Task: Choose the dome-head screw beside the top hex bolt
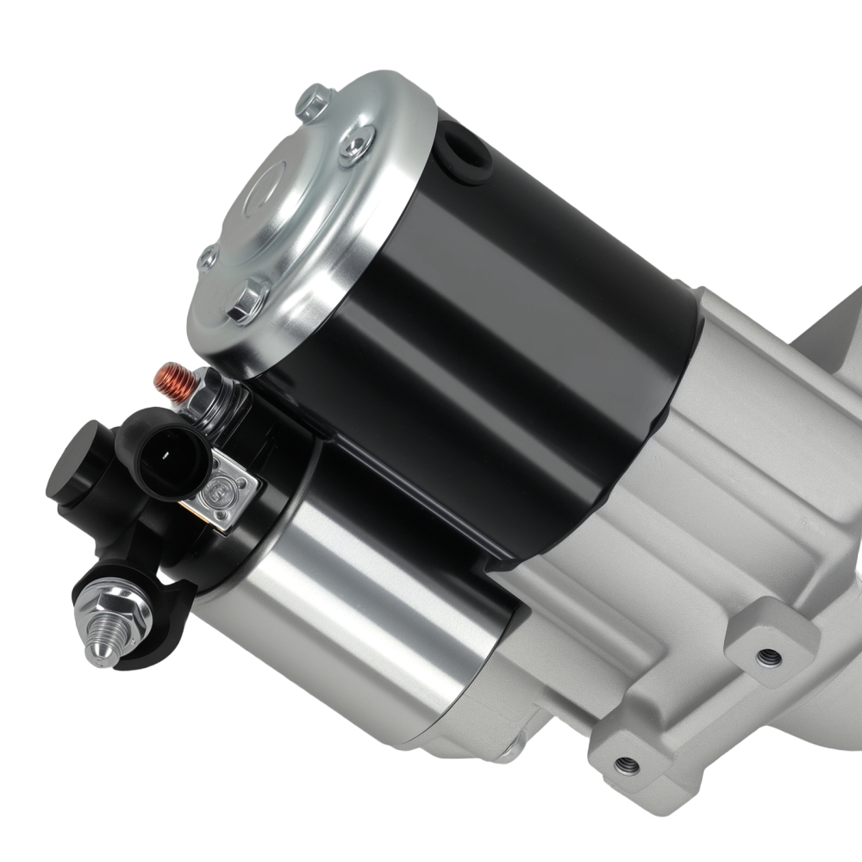pos(356,145)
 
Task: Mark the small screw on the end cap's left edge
pos(208,259)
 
